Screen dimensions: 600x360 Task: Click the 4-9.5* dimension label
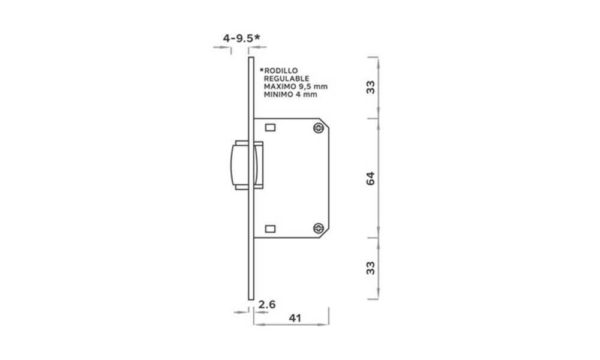point(241,38)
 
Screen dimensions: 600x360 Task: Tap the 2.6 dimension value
point(267,305)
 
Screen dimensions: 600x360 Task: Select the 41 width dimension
point(295,318)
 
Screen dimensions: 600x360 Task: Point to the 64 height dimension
point(370,179)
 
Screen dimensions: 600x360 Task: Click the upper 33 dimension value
point(370,87)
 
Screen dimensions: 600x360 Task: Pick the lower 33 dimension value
point(370,268)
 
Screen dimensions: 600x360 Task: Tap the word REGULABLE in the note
point(287,79)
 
